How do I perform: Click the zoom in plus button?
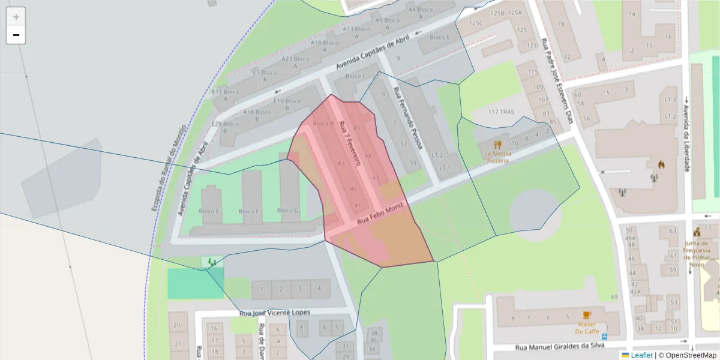pos(16,16)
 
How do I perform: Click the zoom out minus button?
pos(16,35)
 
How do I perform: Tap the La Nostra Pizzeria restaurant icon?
pos(497,145)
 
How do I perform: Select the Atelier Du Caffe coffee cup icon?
pos(587,315)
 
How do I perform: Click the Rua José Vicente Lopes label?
pos(275,313)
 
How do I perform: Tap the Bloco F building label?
pos(249,211)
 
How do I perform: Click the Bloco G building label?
pos(288,211)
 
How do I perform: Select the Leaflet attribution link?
pos(641,355)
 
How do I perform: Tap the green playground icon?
pos(211,262)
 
